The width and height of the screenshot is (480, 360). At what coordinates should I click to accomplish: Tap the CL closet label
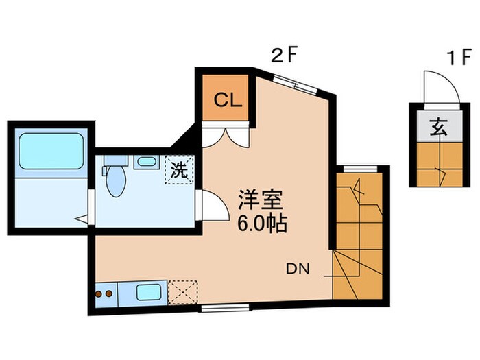click(227, 100)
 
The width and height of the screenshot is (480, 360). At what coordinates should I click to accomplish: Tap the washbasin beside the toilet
click(145, 163)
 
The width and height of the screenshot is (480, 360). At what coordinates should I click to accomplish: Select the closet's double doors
click(226, 134)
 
